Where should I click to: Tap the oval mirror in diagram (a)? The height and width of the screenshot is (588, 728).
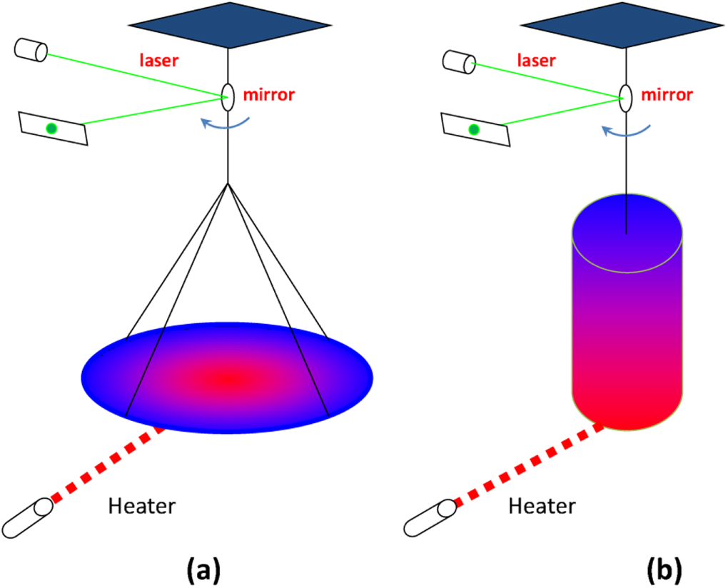pyautogui.click(x=228, y=97)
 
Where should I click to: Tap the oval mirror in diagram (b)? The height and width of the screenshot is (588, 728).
pyautogui.click(x=625, y=98)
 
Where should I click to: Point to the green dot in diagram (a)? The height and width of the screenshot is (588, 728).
pyautogui.click(x=51, y=128)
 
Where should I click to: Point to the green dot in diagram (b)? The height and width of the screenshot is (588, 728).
pyautogui.click(x=472, y=128)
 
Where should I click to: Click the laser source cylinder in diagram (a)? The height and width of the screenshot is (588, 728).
pyautogui.click(x=31, y=51)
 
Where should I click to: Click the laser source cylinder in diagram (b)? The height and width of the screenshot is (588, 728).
pyautogui.click(x=455, y=61)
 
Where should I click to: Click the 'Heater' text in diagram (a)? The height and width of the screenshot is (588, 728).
pyautogui.click(x=141, y=507)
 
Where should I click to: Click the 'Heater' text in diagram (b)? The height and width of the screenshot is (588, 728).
pyautogui.click(x=542, y=507)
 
